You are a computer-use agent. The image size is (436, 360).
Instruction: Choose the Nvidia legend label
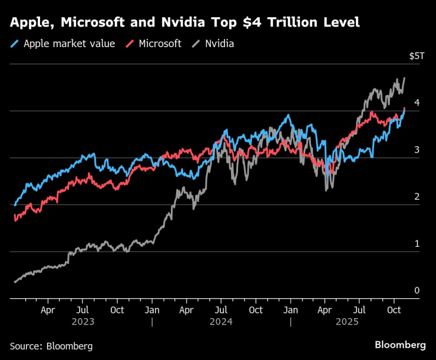pyautogui.click(x=219, y=44)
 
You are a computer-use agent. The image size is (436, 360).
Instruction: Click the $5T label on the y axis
pyautogui.click(x=416, y=56)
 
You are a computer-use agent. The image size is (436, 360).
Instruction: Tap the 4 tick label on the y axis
pyautogui.click(x=417, y=103)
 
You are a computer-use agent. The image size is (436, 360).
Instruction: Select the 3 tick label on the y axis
pyautogui.click(x=417, y=150)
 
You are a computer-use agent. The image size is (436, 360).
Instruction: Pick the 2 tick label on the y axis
pyautogui.click(x=417, y=196)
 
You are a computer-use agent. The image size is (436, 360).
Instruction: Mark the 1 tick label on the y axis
pyautogui.click(x=417, y=243)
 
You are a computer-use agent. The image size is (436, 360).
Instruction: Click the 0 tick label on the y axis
pyautogui.click(x=417, y=290)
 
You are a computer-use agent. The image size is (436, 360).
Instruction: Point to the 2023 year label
pyautogui.click(x=82, y=322)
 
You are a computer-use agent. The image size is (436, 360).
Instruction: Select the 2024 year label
pyautogui.click(x=221, y=322)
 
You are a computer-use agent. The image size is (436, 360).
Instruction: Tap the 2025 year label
pyautogui.click(x=359, y=322)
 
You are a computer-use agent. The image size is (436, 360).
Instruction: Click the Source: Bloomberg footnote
pyautogui.click(x=51, y=346)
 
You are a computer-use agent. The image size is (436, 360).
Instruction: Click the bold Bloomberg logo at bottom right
pyautogui.click(x=400, y=344)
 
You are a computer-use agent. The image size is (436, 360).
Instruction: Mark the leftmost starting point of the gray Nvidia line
pyautogui.click(x=15, y=282)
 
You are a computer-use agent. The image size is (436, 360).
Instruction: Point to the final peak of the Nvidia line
pyautogui.click(x=404, y=78)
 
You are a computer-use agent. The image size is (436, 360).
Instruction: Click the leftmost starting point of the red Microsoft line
pyautogui.click(x=15, y=219)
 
